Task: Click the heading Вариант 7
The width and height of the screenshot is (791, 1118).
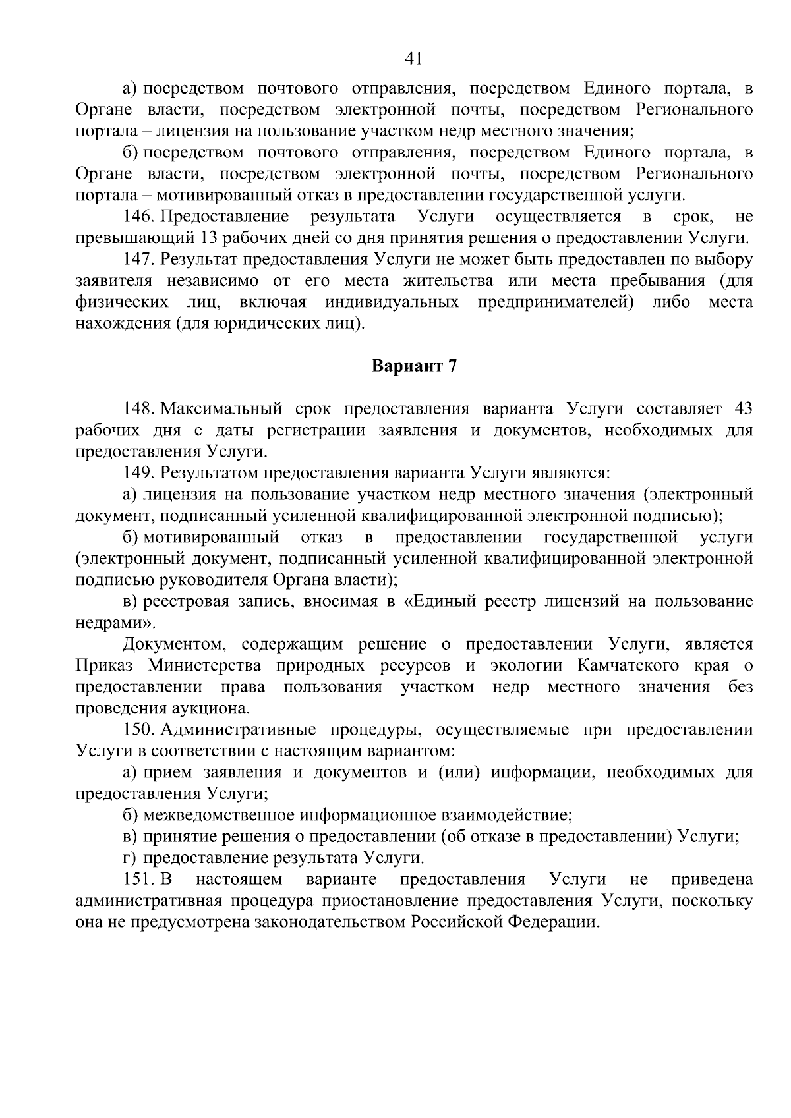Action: [414, 366]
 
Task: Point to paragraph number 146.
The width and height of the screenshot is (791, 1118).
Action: [138, 217]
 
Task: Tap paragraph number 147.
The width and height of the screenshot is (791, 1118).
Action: [138, 260]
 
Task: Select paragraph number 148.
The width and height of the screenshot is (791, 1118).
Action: [138, 409]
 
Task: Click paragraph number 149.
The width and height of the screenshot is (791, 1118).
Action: [138, 473]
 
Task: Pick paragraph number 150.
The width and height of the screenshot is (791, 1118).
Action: [138, 730]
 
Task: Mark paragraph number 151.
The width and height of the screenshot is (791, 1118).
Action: [138, 880]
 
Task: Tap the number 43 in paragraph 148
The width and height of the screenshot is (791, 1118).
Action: [743, 409]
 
